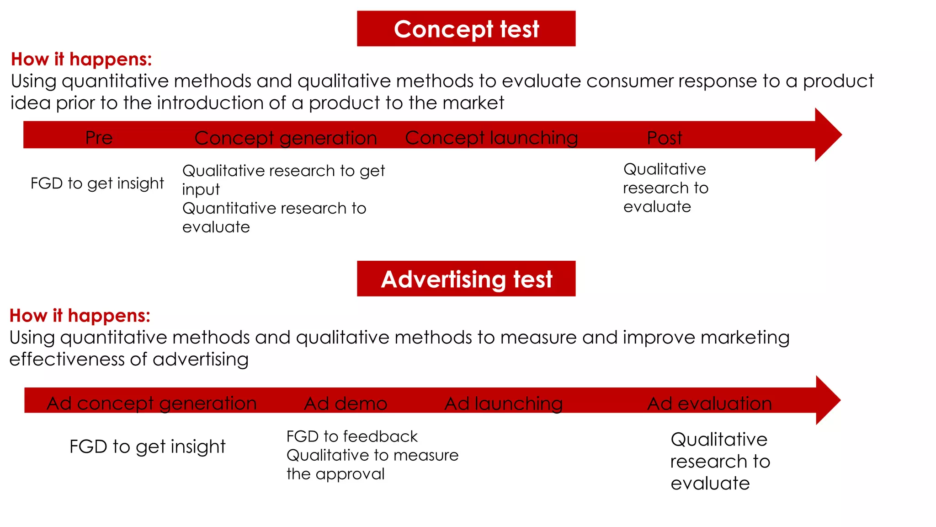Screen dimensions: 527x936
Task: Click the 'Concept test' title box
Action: pos(466,29)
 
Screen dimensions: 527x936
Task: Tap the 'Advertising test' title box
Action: pos(466,279)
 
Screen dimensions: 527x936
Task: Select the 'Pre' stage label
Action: pos(99,138)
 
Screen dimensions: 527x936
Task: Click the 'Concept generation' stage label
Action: pos(286,138)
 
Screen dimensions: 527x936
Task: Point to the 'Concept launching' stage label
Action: pos(491,138)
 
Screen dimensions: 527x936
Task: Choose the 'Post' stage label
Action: pos(665,138)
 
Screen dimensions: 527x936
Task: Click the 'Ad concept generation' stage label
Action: pos(152,403)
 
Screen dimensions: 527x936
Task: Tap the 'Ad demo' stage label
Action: pos(346,403)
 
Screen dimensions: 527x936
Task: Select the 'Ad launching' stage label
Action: pos(504,403)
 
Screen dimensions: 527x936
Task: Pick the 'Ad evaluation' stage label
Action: pos(709,403)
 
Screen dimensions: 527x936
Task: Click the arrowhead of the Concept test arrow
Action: pos(827,134)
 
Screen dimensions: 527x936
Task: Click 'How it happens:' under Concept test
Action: pos(81,59)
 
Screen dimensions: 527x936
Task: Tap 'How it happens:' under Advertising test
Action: pos(80,316)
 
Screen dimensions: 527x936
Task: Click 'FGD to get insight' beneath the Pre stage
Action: pos(97,183)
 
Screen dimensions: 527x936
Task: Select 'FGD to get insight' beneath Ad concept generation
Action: pos(147,446)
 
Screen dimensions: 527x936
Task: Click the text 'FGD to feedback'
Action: pos(352,436)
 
